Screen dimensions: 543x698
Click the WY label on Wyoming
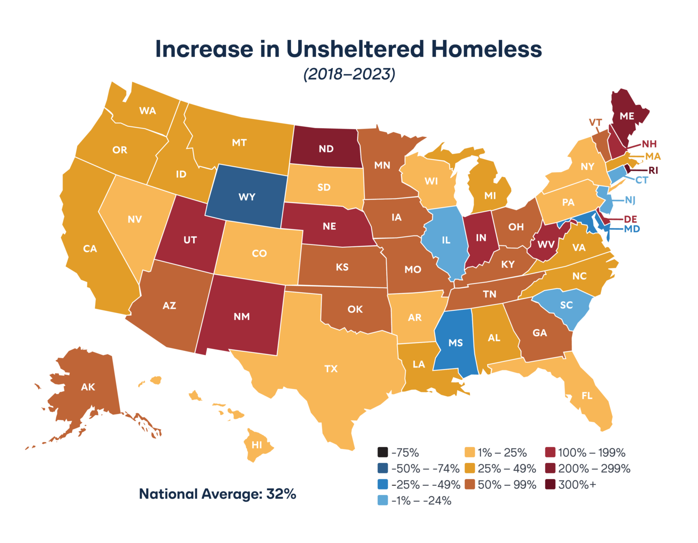tap(247, 197)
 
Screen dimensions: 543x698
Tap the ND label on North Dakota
tap(326, 149)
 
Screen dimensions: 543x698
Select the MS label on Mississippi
tap(455, 343)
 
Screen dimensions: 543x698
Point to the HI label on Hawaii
tap(257, 445)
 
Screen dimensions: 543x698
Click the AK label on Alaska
tap(88, 387)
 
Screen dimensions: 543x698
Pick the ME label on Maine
tap(627, 116)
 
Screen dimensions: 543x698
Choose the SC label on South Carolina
tap(566, 305)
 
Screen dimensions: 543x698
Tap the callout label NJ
tap(630, 200)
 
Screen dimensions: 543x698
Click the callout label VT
tap(595, 123)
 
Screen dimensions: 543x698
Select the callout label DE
tap(630, 219)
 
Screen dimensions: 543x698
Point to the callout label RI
tap(653, 170)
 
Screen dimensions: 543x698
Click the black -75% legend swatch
tap(382, 453)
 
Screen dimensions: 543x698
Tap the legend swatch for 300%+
tap(550, 485)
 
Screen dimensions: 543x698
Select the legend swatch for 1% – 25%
tap(470, 453)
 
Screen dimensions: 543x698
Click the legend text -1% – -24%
tap(421, 501)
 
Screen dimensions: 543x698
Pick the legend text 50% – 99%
tap(507, 485)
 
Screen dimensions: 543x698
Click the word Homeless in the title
tap(486, 49)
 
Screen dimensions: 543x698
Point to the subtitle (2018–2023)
tap(349, 74)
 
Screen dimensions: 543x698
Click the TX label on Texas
tap(331, 369)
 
